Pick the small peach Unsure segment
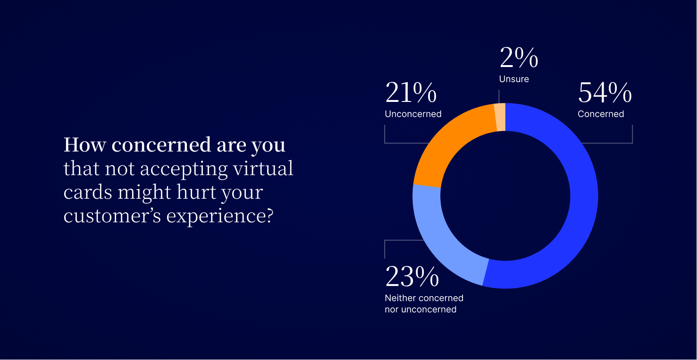500,117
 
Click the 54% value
605,93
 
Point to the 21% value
411,93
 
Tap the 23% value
412,276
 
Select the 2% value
519,58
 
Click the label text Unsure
514,79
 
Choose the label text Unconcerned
413,114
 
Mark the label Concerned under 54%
601,114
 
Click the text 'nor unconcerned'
420,310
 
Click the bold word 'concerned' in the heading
161,145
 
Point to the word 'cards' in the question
88,193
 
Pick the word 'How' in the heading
84,145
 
